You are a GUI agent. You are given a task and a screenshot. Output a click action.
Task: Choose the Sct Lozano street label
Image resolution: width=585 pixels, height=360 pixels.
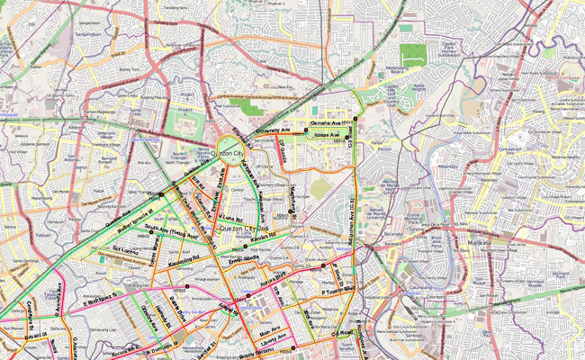(128, 248)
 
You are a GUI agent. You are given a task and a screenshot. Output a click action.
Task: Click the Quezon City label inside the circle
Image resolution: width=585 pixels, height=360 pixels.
(231, 154)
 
